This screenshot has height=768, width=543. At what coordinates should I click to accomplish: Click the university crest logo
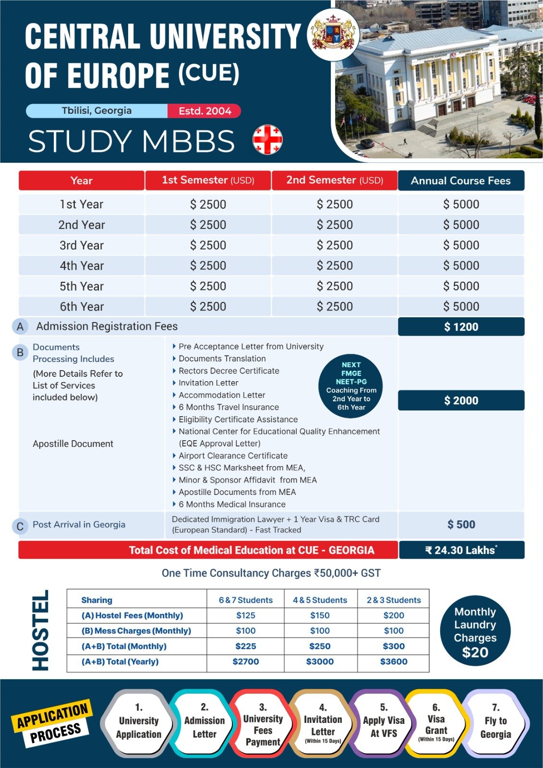(x=333, y=35)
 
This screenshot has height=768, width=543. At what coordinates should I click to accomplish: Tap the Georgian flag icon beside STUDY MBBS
(x=267, y=140)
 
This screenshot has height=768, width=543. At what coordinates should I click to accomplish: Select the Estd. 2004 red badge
(x=205, y=111)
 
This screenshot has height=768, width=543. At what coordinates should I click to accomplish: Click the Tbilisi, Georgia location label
(x=97, y=111)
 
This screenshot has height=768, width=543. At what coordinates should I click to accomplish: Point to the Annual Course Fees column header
(x=460, y=180)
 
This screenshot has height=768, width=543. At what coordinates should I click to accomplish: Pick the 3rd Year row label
(x=82, y=245)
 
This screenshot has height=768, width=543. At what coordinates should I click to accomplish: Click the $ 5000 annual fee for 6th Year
(x=461, y=306)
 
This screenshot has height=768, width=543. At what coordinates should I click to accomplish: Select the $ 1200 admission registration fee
(x=461, y=327)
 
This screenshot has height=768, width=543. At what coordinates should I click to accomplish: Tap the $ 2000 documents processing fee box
(x=461, y=400)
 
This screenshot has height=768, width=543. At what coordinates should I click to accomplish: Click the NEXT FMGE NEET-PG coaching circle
(x=351, y=386)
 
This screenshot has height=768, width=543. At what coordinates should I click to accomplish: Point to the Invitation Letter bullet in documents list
(x=208, y=383)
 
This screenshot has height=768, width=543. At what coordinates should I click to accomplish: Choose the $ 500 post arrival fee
(x=461, y=525)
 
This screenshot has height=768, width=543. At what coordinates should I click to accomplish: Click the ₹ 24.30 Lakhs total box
(x=461, y=550)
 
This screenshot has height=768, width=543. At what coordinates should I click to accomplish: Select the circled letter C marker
(x=20, y=527)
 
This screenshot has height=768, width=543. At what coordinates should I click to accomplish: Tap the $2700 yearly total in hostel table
(x=245, y=661)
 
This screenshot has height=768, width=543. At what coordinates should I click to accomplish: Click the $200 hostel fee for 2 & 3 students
(x=394, y=615)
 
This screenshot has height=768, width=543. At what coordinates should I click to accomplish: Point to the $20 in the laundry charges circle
(x=475, y=653)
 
